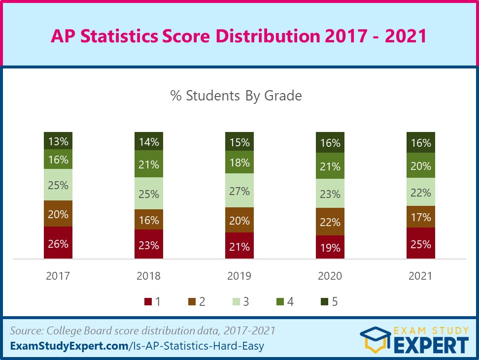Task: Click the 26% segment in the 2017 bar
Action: [58, 243]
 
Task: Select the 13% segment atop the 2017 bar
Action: [58, 141]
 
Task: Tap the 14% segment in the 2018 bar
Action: [149, 141]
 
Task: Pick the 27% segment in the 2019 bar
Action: [239, 191]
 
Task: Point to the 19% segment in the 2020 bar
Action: [330, 247]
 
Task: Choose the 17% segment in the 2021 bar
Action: [421, 217]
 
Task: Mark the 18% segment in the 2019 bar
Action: [239, 163]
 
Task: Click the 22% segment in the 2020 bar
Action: [330, 222]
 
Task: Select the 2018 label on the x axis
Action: [149, 276]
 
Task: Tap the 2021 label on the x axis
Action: [421, 276]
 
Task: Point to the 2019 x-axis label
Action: [239, 276]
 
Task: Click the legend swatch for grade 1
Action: [147, 302]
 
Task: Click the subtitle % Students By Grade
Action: [236, 96]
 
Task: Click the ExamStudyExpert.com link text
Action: [69, 346]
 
